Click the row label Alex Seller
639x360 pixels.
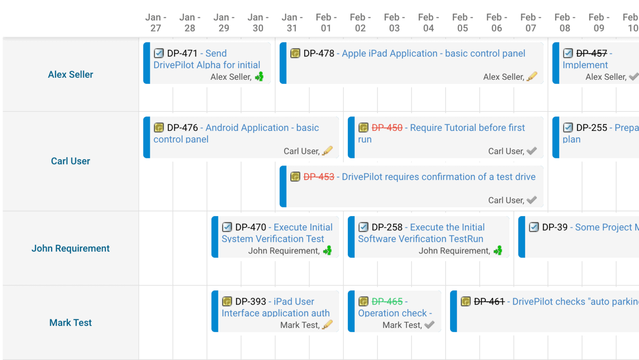pos(70,74)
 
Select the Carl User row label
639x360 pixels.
pos(70,161)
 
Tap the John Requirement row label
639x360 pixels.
pos(70,248)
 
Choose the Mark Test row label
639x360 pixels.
pos(70,323)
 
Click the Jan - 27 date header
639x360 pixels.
pos(156,22)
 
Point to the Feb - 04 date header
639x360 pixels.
pos(428,22)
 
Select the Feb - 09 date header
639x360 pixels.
pos(599,22)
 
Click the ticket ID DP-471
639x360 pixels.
pos(182,53)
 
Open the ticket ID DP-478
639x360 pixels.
pos(319,53)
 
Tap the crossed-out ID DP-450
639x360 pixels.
pos(387,128)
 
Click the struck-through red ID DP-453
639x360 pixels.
pos(319,177)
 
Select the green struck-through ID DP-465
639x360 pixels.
pos(387,301)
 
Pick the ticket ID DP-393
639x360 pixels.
pos(250,301)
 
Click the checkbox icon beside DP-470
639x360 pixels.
pos(227,227)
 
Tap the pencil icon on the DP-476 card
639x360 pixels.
pos(328,150)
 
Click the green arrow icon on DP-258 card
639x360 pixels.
pos(498,250)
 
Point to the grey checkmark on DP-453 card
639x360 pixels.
pos(532,200)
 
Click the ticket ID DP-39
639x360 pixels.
pos(555,227)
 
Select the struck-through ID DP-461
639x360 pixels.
pos(489,301)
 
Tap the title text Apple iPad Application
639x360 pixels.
pos(389,53)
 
